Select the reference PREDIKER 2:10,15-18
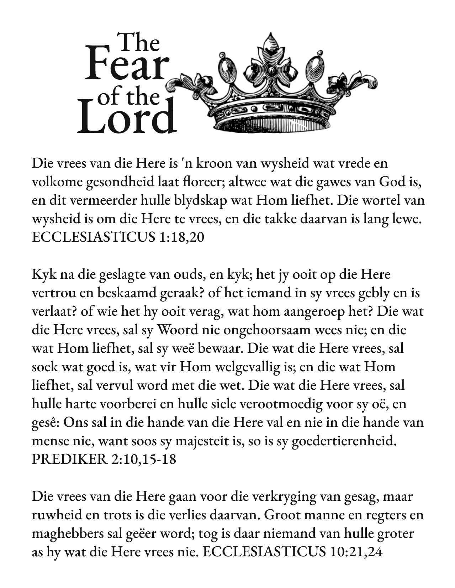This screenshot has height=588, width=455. point(104,460)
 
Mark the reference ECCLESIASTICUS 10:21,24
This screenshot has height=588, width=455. point(294,552)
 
